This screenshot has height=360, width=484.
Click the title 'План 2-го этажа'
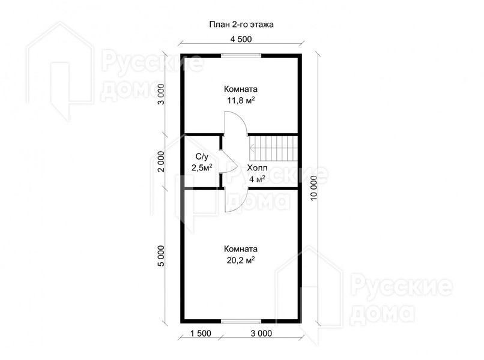[241, 25]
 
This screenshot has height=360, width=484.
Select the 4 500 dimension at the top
[241, 39]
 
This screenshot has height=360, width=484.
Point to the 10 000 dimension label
[314, 188]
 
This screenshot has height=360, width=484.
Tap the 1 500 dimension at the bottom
[201, 334]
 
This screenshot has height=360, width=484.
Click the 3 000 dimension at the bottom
[261, 334]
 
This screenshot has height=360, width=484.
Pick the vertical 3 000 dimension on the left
[162, 94]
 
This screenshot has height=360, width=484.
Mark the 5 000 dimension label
[162, 256]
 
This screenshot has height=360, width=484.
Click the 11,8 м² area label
[241, 101]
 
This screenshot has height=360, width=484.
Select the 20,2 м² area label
[241, 260]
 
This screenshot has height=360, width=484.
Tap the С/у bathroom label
[202, 157]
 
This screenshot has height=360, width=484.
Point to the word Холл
[257, 168]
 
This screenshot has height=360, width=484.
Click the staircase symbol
[273, 149]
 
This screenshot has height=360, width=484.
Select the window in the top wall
[241, 56]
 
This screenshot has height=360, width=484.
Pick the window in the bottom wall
[241, 321]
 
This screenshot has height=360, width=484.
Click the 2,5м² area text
[202, 168]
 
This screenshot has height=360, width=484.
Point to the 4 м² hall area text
[258, 179]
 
